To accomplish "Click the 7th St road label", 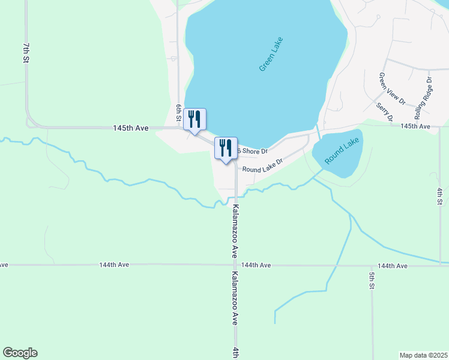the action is click(x=26, y=53).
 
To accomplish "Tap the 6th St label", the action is click(x=178, y=110).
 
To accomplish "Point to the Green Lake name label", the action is click(x=271, y=55).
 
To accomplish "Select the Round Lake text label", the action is click(x=342, y=151).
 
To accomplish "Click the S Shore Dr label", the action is click(x=252, y=151).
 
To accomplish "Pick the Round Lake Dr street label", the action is click(x=262, y=169).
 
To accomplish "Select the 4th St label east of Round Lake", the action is click(x=440, y=197).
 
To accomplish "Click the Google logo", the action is click(x=20, y=353).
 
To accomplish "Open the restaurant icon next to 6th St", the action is click(x=194, y=119).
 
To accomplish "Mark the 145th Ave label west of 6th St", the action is click(x=130, y=128).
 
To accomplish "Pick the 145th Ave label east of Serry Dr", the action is click(x=416, y=126).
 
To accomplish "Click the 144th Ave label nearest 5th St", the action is click(x=393, y=266).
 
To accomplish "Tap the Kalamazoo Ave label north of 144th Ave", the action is click(x=236, y=232).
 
